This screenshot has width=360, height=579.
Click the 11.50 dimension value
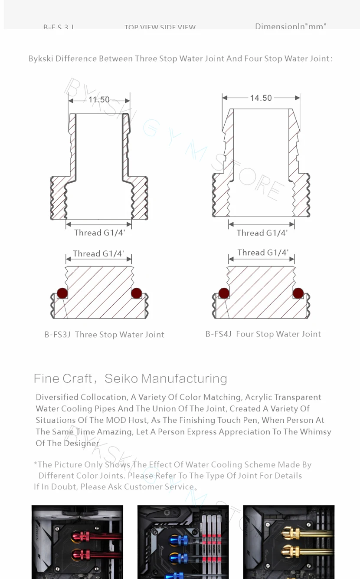tap(99, 100)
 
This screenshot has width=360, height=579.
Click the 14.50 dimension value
tap(261, 98)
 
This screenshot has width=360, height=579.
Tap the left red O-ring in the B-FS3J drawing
tap(62, 293)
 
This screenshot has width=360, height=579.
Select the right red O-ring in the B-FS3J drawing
tap(136, 293)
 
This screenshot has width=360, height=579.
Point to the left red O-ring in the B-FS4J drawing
tap(224, 293)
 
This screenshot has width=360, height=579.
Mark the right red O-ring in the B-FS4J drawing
tap(298, 293)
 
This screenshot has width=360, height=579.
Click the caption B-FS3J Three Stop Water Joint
tap(104, 335)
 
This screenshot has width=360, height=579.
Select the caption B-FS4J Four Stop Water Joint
tap(263, 334)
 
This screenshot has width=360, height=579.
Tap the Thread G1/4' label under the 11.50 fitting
tap(99, 233)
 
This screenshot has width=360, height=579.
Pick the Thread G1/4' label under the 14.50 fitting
tap(262, 233)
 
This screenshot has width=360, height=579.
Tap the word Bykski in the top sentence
tap(41, 59)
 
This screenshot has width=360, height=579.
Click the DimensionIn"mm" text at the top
tap(290, 26)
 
